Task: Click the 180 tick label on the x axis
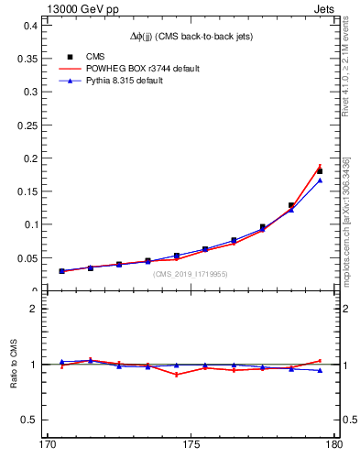pyautogui.click(x=333, y=446)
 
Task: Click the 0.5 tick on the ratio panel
pyautogui.click(x=29, y=420)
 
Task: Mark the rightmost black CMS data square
pyautogui.click(x=320, y=171)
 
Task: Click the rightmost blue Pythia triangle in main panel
pyautogui.click(x=320, y=180)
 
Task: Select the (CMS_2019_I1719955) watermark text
pyautogui.click(x=191, y=274)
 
